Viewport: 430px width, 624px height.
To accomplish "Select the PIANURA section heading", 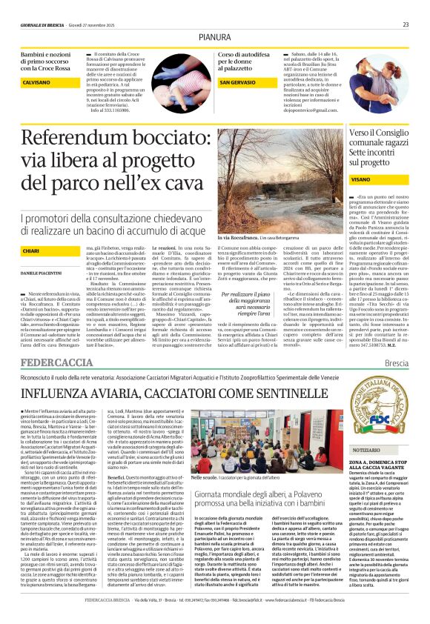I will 215,36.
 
